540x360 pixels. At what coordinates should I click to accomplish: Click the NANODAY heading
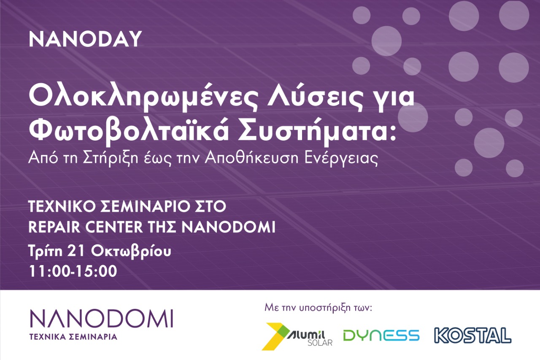click(x=85, y=39)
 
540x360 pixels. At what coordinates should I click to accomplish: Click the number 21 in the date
click(x=76, y=251)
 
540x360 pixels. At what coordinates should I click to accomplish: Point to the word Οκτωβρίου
click(x=131, y=252)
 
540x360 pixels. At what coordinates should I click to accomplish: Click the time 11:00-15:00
click(x=73, y=271)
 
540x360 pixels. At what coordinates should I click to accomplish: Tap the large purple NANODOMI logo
click(x=102, y=319)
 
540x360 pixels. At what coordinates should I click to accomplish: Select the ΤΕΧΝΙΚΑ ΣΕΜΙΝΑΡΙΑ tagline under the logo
click(x=73, y=337)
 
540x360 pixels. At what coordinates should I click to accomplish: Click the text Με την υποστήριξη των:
click(x=318, y=308)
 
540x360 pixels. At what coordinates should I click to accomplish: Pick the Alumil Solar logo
click(x=297, y=336)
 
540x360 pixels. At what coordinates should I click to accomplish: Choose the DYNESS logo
click(x=381, y=336)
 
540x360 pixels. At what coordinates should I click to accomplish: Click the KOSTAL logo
click(x=472, y=335)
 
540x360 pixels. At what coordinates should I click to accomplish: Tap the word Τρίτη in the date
click(x=45, y=251)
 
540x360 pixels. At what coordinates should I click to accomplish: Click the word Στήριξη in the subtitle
click(x=111, y=159)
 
